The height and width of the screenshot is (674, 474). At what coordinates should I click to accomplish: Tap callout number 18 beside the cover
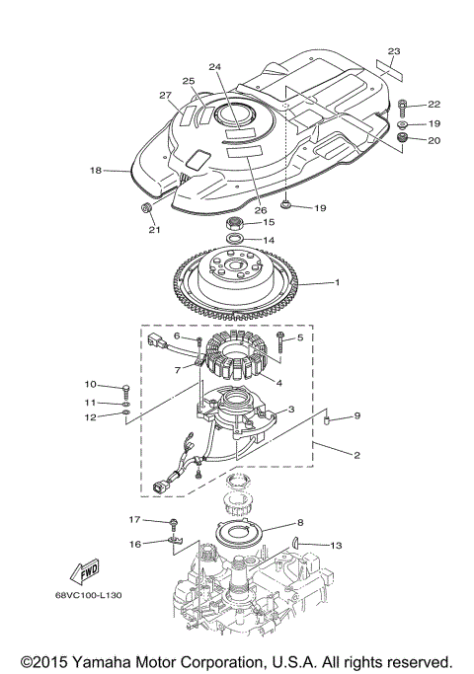(96, 171)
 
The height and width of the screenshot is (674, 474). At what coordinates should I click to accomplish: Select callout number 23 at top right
(395, 50)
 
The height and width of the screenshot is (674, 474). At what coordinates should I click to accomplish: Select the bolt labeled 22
(406, 105)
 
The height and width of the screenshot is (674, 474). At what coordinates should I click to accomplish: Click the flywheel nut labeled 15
(236, 222)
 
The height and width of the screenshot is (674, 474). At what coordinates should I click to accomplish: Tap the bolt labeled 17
(175, 521)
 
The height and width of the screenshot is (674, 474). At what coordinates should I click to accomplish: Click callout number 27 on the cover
(166, 95)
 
